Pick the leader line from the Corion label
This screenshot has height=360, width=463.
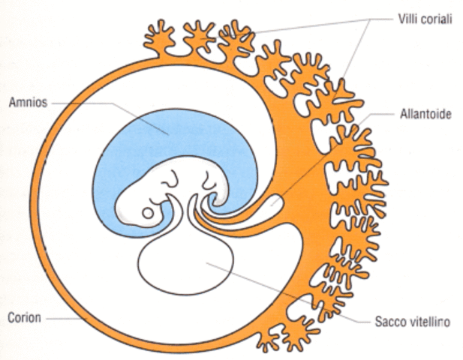(x=64, y=317)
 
